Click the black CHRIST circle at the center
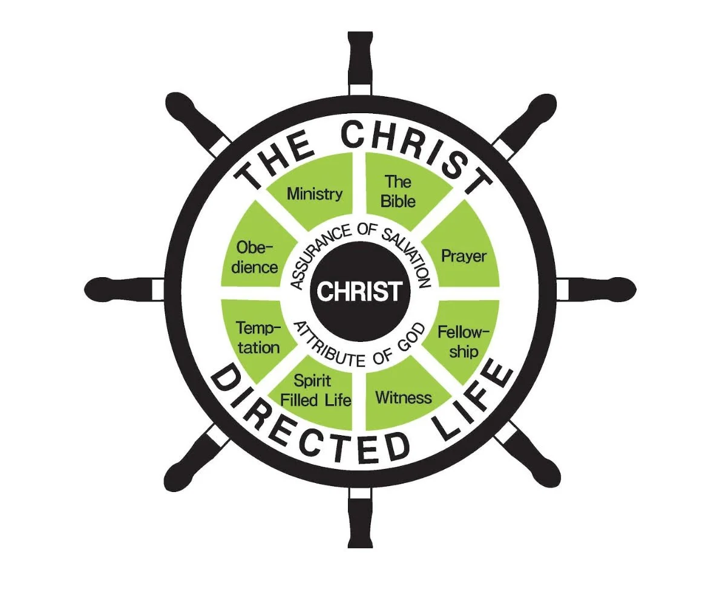coord(359,291)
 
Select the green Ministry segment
coord(314,192)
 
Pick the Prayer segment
coord(464,255)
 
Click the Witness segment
coord(404,396)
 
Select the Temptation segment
coord(257,337)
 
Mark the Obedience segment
coord(255,256)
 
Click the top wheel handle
coord(359,57)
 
